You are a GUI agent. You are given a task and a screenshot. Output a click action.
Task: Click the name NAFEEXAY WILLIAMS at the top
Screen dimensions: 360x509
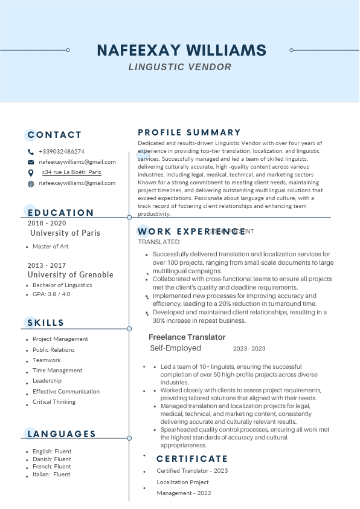[181, 50]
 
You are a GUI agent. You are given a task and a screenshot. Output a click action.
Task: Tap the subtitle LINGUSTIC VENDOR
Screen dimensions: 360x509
[180, 66]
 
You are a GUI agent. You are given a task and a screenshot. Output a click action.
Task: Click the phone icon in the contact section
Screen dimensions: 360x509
[31, 152]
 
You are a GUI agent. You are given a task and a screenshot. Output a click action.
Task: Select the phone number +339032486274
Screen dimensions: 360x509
[62, 152]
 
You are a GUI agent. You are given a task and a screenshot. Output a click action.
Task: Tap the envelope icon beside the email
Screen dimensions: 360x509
[31, 163]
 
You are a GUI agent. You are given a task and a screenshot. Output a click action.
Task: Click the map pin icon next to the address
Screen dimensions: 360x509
[31, 173]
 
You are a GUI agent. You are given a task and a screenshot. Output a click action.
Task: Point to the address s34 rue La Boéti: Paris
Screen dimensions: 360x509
[71, 172]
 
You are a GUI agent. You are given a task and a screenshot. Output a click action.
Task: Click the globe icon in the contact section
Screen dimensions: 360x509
[31, 183]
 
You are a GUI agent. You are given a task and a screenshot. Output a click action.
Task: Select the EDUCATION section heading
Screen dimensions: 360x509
[61, 213]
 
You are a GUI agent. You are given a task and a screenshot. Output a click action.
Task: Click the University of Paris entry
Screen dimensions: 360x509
[65, 233]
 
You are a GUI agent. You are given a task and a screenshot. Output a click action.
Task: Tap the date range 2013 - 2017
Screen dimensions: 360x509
[47, 265]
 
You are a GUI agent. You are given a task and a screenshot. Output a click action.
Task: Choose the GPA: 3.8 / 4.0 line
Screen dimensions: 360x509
[51, 294]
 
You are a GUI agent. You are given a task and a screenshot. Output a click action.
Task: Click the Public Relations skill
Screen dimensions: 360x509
[54, 349]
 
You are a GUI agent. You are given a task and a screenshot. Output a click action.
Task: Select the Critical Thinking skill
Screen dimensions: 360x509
[54, 402]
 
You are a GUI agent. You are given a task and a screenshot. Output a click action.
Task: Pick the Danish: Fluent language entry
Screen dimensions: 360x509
[52, 459]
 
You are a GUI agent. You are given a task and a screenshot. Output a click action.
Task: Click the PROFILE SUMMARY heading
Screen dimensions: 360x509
[189, 132]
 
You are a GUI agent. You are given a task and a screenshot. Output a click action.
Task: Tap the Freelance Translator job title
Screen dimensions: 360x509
[187, 337]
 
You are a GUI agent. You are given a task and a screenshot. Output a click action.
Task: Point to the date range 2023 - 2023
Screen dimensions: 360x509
[249, 349]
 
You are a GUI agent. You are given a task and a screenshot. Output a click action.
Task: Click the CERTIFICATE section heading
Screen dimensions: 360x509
[192, 459]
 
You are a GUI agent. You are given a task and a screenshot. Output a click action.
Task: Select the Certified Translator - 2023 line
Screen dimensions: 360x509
[192, 471]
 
